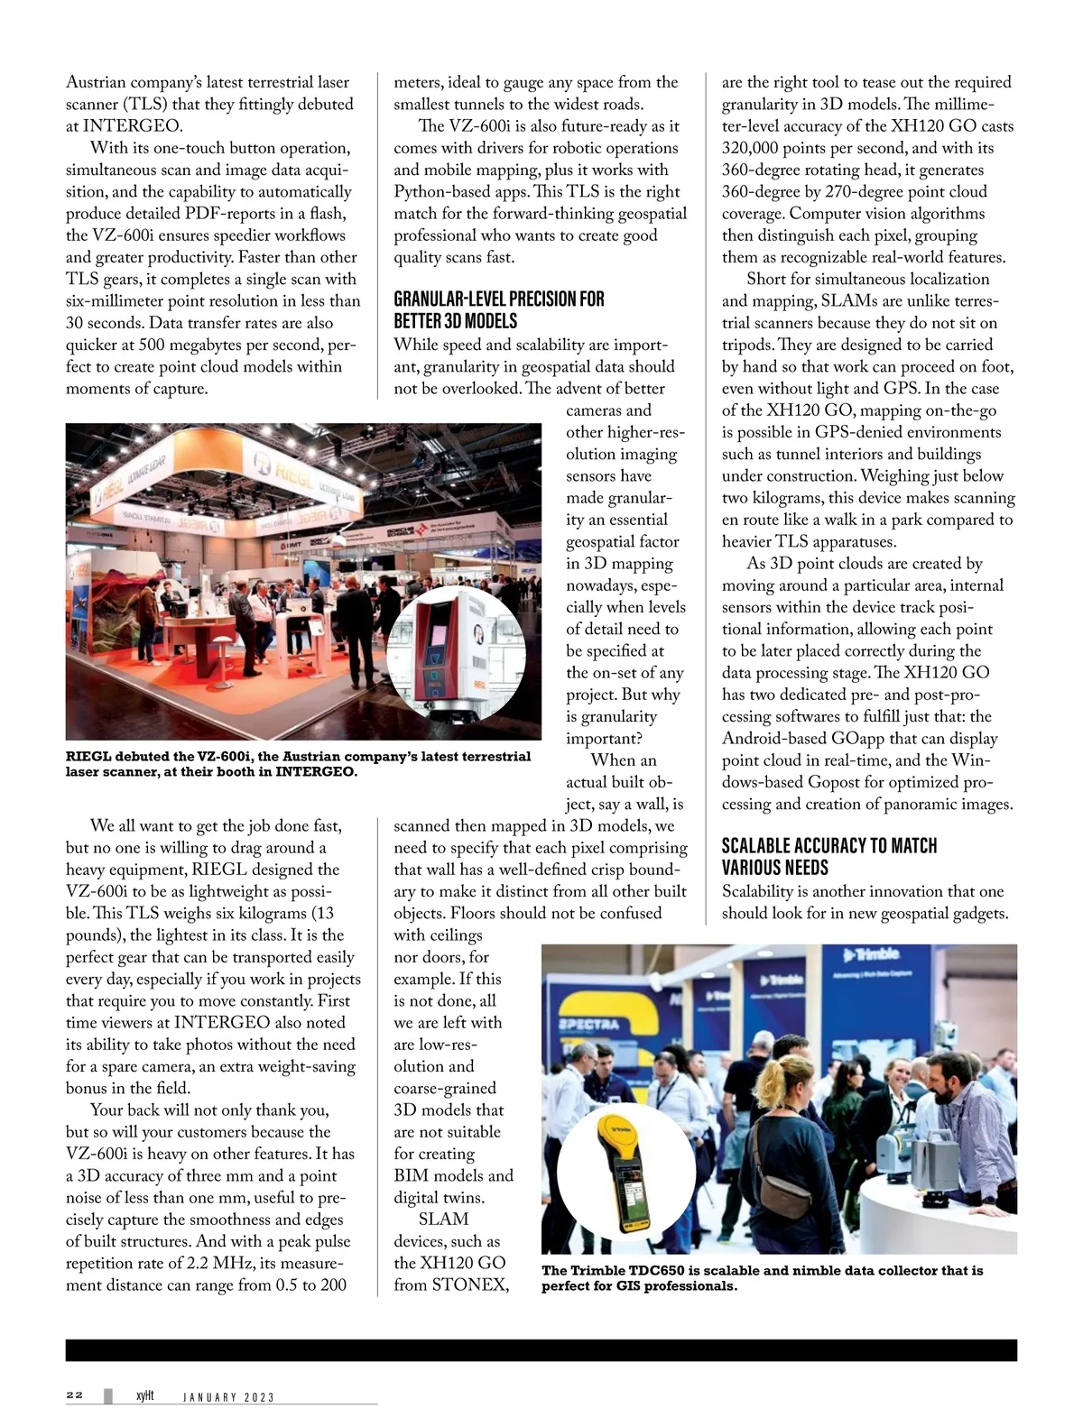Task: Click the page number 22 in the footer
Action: point(74,1395)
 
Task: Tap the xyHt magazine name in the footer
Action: point(144,1395)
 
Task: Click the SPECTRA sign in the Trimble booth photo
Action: point(588,1025)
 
